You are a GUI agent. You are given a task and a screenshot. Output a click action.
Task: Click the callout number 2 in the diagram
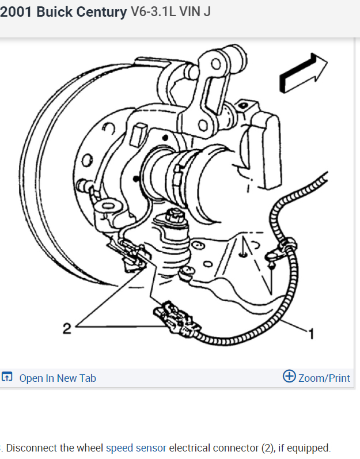[x=67, y=329]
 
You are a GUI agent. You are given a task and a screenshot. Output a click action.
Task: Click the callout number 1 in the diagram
[x=312, y=333]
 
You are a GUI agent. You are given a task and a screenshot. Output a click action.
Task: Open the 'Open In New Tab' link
[x=57, y=378]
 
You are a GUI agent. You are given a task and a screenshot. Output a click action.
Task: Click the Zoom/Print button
[x=324, y=378]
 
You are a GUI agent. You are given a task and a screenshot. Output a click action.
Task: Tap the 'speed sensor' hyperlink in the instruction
[x=136, y=447]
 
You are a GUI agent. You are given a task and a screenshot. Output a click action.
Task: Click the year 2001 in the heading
[x=16, y=12]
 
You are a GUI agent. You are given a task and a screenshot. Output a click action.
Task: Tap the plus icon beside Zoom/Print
[x=289, y=377]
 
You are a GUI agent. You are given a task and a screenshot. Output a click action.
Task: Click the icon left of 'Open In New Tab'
[x=7, y=378]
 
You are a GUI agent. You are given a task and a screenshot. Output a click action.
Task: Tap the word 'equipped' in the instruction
[x=310, y=447]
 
